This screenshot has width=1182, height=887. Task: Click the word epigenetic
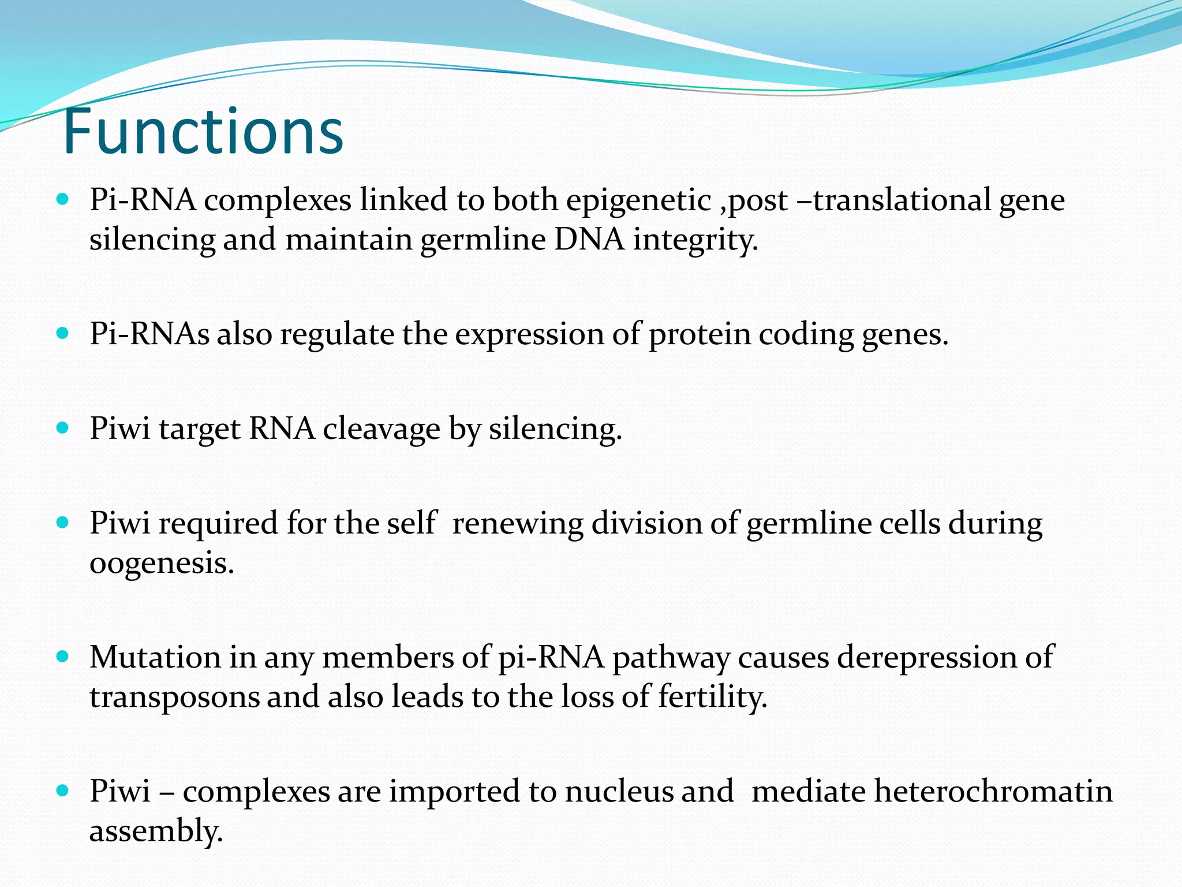coord(638,200)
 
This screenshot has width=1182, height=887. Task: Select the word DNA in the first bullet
coord(589,240)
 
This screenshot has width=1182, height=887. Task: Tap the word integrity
coord(695,240)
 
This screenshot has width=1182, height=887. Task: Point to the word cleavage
coord(381,429)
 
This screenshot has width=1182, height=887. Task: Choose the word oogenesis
coord(162,563)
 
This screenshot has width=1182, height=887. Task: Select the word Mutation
coord(155,658)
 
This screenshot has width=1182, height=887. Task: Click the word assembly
coord(156,831)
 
